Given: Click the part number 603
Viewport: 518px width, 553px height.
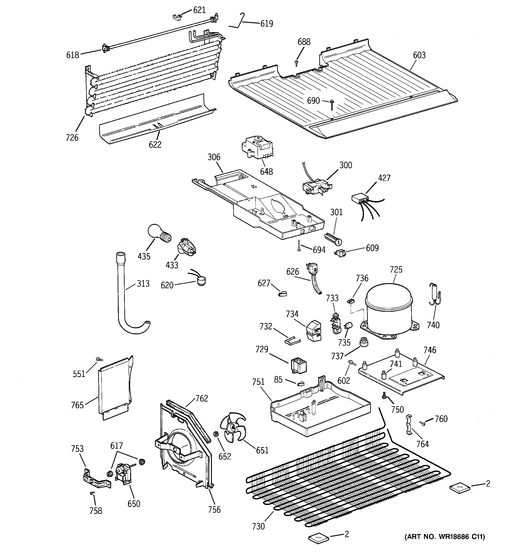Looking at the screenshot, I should tap(419, 55).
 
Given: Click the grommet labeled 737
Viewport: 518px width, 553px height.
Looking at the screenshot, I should tap(364, 342).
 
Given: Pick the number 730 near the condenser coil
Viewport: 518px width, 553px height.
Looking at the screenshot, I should tap(258, 526).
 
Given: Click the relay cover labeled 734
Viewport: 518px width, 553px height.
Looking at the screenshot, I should tap(313, 330).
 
